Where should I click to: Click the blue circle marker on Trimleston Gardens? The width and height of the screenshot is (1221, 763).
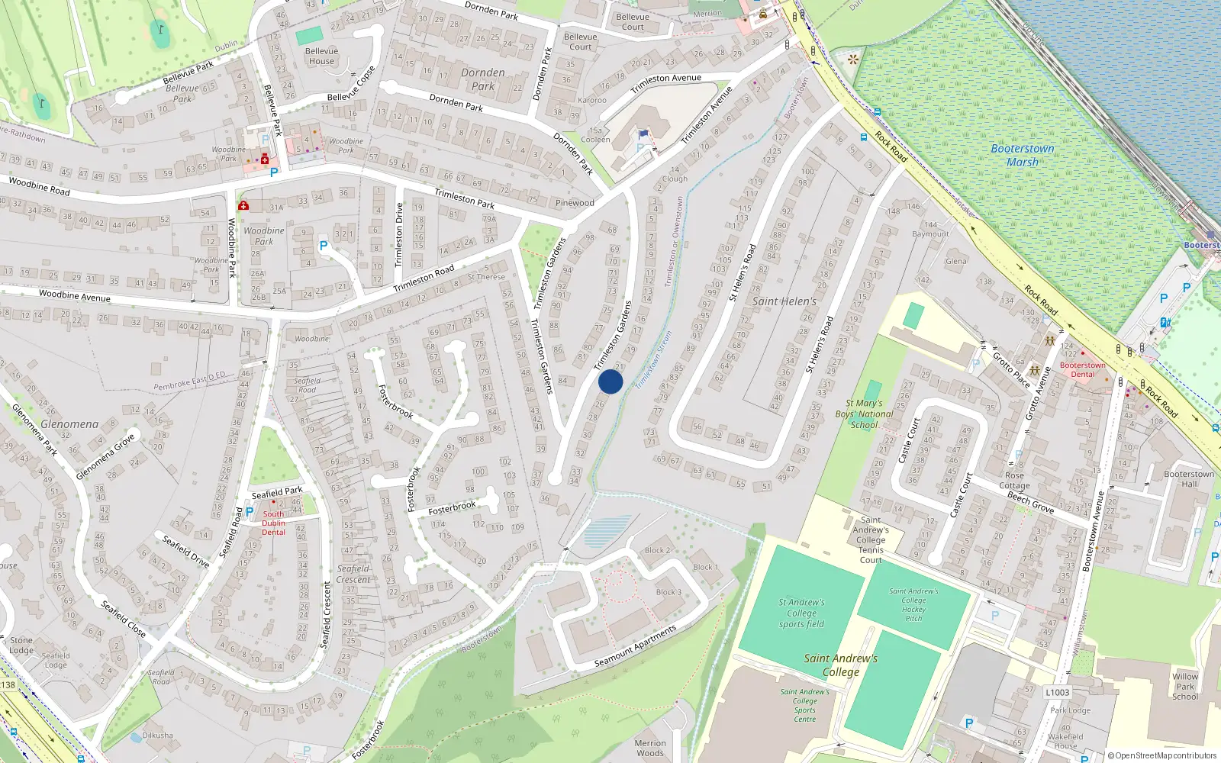tap(610, 381)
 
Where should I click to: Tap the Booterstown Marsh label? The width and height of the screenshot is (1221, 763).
tap(1022, 155)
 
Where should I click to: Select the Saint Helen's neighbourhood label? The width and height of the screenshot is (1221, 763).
tap(784, 301)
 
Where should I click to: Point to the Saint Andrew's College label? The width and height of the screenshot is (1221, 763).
tap(840, 665)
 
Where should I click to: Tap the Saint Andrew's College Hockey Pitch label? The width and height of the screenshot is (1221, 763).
tap(913, 604)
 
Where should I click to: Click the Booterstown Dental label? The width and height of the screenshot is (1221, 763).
tap(1082, 369)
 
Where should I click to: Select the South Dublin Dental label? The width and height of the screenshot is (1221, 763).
tap(273, 523)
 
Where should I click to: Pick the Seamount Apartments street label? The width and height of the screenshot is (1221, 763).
tap(635, 647)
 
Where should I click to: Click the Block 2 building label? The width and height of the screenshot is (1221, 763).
tap(657, 550)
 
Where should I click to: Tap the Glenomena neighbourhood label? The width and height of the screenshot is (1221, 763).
tap(69, 424)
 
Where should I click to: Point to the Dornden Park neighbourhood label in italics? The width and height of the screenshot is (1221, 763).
tap(482, 79)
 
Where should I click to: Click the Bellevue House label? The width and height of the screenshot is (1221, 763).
tap(321, 56)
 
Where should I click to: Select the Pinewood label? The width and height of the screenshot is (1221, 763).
tap(574, 203)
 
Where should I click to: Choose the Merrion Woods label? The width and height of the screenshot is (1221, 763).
tap(650, 748)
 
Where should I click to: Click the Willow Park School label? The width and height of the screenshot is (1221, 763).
tap(1184, 686)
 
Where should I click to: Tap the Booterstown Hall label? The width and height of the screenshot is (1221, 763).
tap(1189, 478)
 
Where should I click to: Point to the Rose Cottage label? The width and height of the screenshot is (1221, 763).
tap(1014, 480)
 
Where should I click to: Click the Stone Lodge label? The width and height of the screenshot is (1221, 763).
tap(21, 645)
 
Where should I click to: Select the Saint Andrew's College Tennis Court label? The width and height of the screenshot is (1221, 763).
tap(871, 539)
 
